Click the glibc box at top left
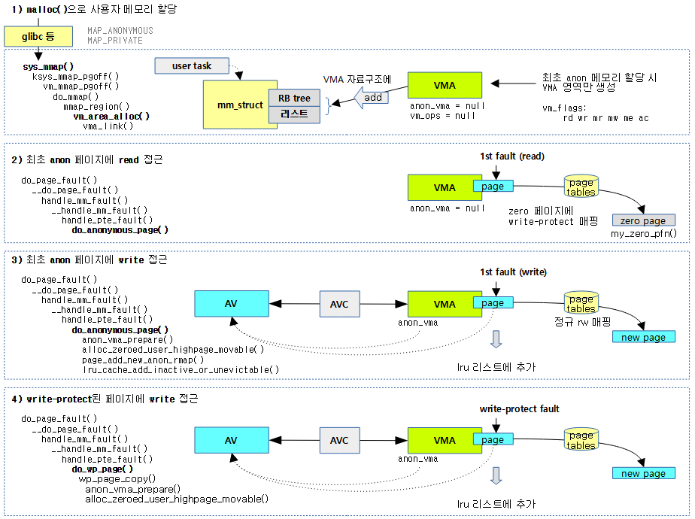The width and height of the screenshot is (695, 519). pyautogui.click(x=38, y=35)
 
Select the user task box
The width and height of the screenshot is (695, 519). pyautogui.click(x=192, y=66)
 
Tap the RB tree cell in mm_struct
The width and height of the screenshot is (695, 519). pyautogui.click(x=294, y=98)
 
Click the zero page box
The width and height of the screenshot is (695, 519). pyautogui.click(x=643, y=220)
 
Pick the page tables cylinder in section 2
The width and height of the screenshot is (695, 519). pyautogui.click(x=581, y=187)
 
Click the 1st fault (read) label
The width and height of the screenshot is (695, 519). pyautogui.click(x=512, y=156)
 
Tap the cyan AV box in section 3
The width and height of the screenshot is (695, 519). pyautogui.click(x=231, y=304)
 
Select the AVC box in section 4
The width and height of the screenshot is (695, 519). pyautogui.click(x=339, y=440)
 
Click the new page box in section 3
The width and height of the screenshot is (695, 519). pyautogui.click(x=643, y=337)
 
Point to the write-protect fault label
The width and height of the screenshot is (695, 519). pyautogui.click(x=519, y=409)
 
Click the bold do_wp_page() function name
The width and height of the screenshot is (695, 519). pyautogui.click(x=102, y=469)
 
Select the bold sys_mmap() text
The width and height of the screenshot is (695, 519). pyautogui.click(x=48, y=66)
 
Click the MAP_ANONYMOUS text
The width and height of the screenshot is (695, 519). pyautogui.click(x=120, y=31)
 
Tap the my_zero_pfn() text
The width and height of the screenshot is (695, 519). pyautogui.click(x=643, y=234)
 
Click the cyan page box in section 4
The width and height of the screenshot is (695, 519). pyautogui.click(x=493, y=439)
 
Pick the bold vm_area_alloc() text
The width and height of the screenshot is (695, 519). pyautogui.click(x=111, y=117)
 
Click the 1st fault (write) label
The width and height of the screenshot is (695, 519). pyautogui.click(x=513, y=272)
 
